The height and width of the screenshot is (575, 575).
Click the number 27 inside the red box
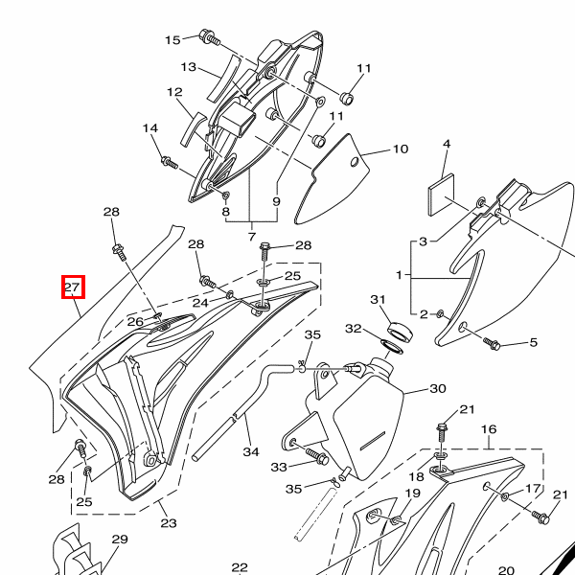[x=73, y=287]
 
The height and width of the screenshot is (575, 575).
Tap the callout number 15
[x=172, y=39]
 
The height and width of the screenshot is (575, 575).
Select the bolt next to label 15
[x=206, y=37]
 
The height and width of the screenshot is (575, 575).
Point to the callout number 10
[x=400, y=149]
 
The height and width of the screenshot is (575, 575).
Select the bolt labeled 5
[x=494, y=343]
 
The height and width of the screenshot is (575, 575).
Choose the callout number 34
[x=251, y=450]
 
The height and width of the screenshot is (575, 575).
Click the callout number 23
[x=169, y=523]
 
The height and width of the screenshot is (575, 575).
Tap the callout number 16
[x=489, y=429]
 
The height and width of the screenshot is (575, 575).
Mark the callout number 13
[x=189, y=67]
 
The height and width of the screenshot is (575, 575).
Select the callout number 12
[x=174, y=93]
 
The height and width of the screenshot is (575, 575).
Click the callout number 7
[x=251, y=236]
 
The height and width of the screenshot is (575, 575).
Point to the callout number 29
[x=119, y=540]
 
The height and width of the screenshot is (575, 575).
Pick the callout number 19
[x=412, y=494]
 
